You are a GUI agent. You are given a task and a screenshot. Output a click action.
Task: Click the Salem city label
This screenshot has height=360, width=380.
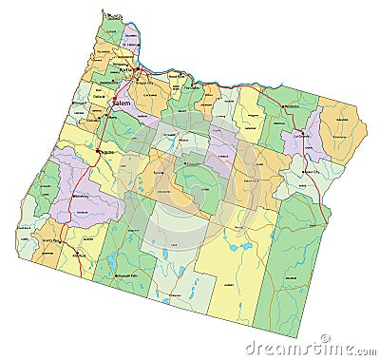tap(124, 100)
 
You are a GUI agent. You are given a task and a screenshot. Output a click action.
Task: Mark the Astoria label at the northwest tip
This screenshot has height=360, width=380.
tap(115, 16)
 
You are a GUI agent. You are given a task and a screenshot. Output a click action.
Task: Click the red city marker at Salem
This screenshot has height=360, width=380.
tap(114, 102)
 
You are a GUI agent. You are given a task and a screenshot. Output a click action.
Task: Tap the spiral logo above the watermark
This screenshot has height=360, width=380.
tap(325, 337)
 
